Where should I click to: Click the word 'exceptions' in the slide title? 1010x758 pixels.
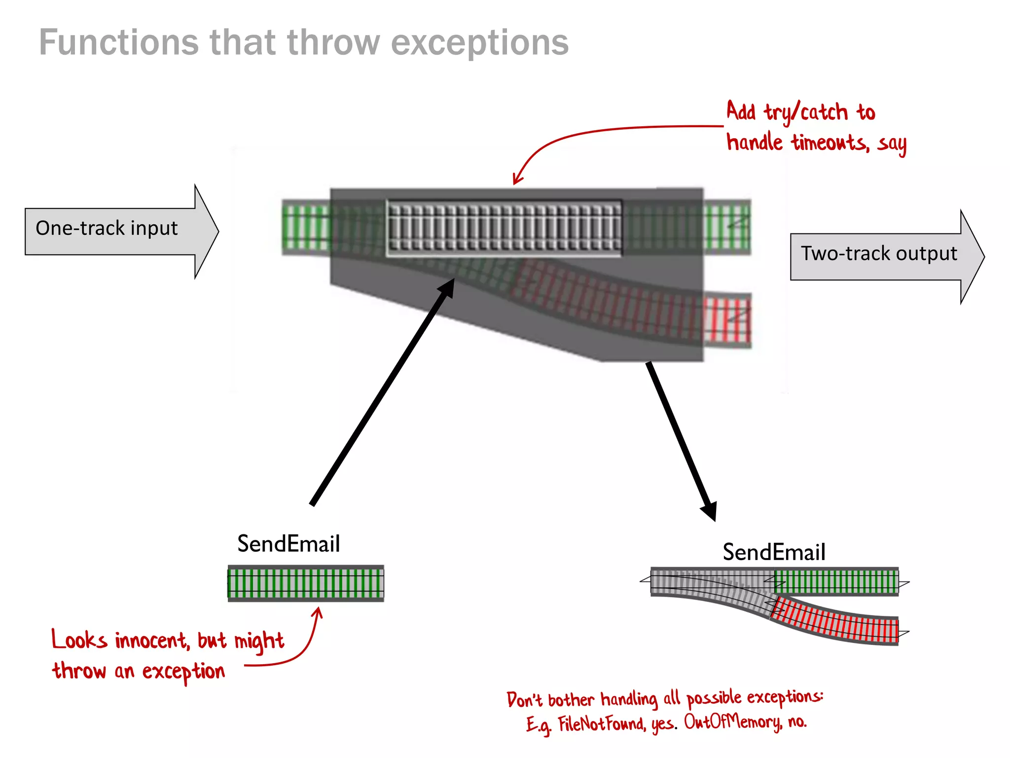point(479,43)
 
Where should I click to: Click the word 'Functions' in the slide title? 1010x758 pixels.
point(118,42)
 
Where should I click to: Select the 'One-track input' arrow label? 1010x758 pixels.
point(107,228)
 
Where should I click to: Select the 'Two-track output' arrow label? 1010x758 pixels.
point(878,254)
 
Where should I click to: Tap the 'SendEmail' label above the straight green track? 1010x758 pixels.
point(289,544)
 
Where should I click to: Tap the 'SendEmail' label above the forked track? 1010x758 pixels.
point(773,552)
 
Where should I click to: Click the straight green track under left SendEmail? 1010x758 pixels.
point(305,583)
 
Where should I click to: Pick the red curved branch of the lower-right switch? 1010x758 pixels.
point(838,622)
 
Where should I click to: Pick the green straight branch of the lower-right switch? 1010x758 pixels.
point(836,582)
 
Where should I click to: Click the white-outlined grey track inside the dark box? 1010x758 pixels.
point(504,228)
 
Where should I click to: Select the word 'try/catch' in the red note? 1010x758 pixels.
point(806,113)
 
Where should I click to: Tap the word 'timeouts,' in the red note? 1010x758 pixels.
point(830,143)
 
